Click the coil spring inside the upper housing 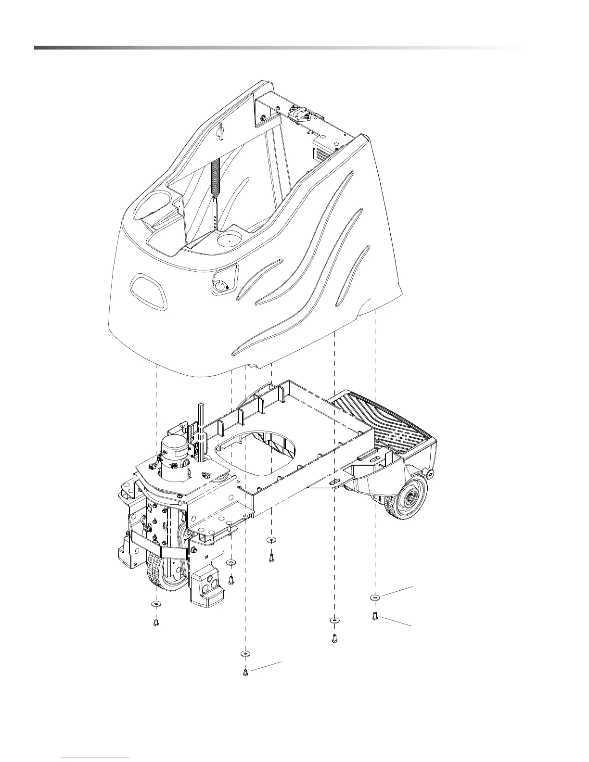215,178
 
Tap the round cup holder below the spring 230,239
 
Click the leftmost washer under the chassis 155,603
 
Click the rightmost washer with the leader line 375,597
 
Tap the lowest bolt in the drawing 245,672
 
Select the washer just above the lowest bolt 245,654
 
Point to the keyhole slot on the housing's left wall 221,130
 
